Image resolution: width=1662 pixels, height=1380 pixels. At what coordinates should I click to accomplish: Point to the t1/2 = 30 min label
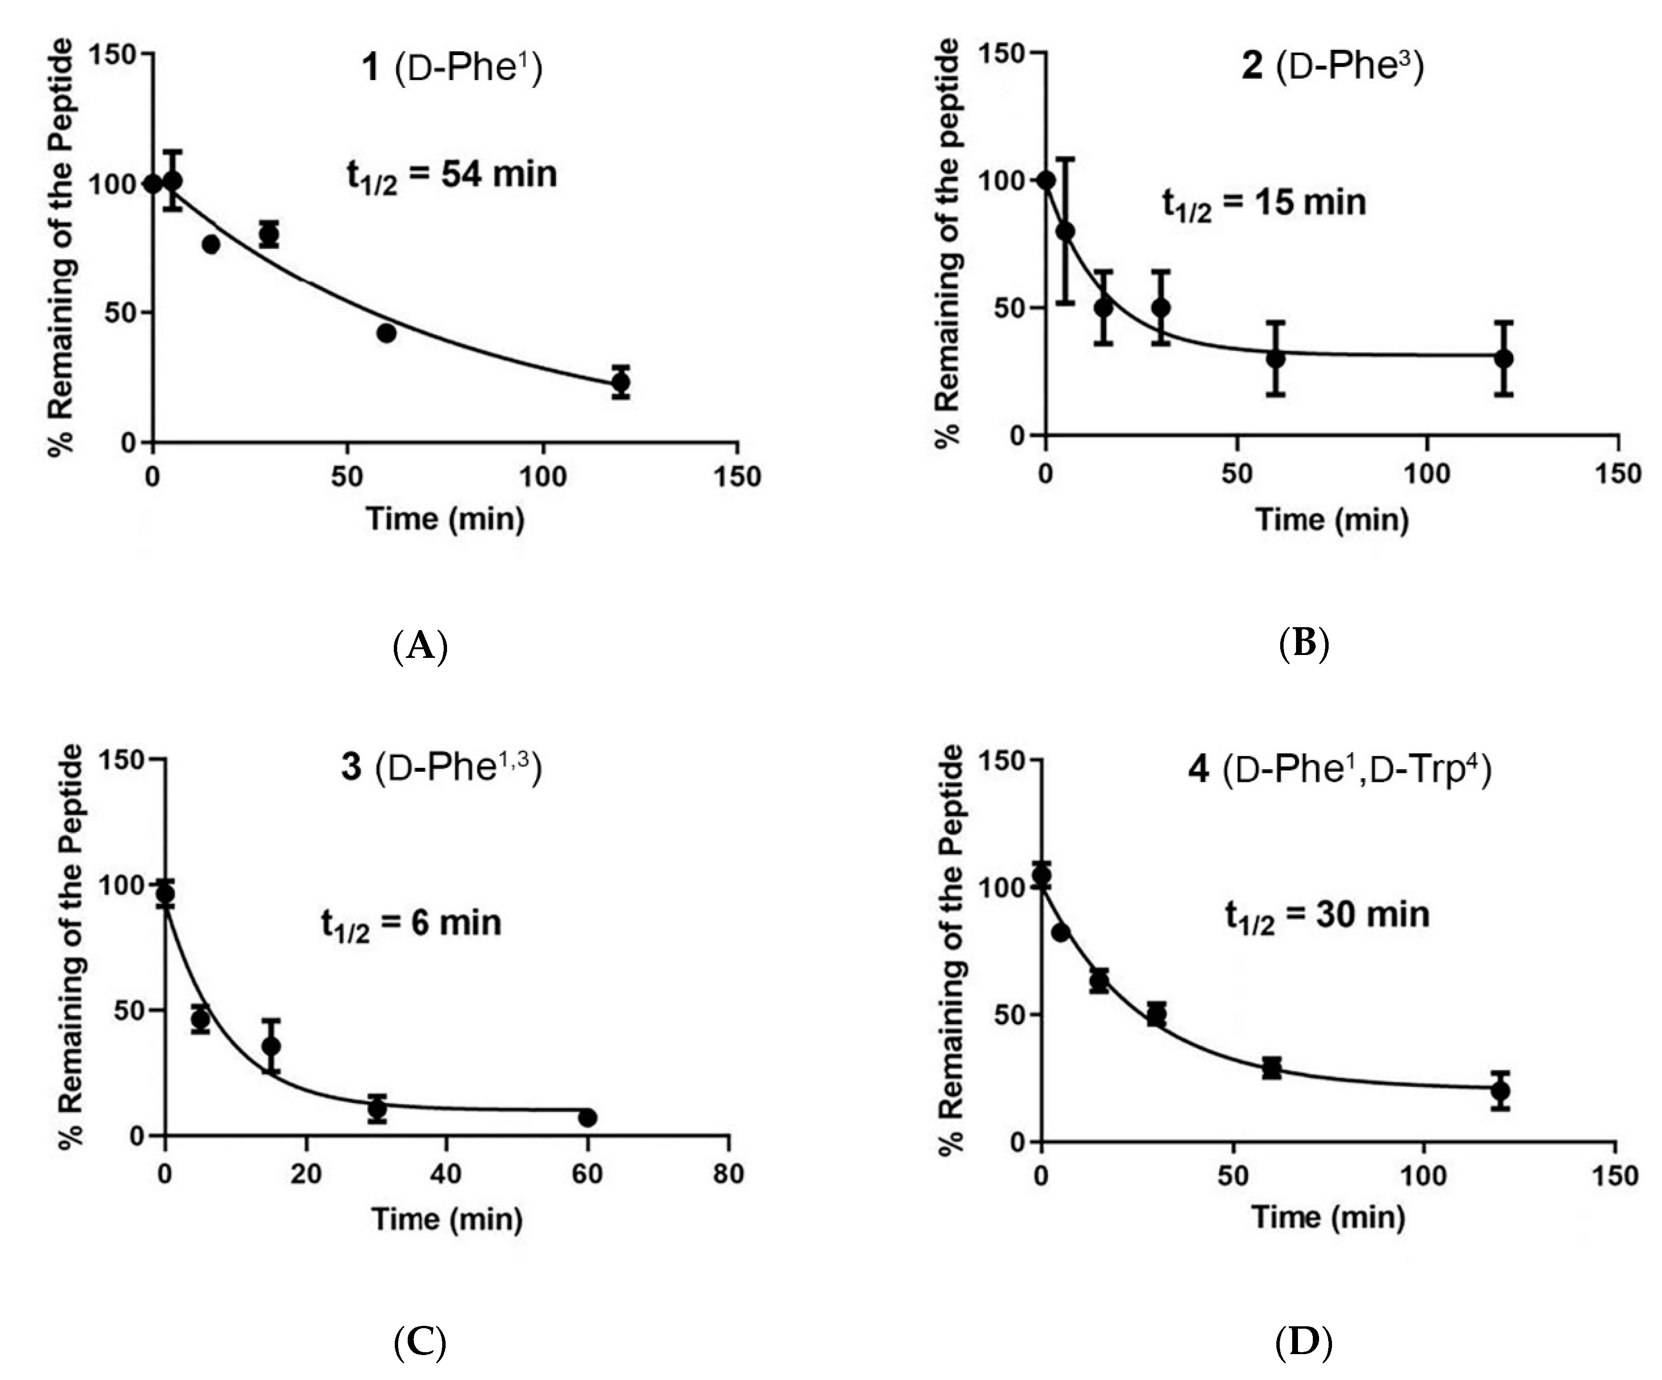[1327, 915]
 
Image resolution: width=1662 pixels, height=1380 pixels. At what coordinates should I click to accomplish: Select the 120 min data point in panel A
[621, 382]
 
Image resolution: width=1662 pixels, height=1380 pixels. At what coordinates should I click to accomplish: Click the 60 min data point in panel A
[386, 333]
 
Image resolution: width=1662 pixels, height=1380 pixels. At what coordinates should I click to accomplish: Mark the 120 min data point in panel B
[1504, 359]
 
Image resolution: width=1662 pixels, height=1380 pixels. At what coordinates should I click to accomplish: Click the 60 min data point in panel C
[587, 1117]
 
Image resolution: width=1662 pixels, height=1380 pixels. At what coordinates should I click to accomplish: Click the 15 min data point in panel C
[271, 1046]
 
